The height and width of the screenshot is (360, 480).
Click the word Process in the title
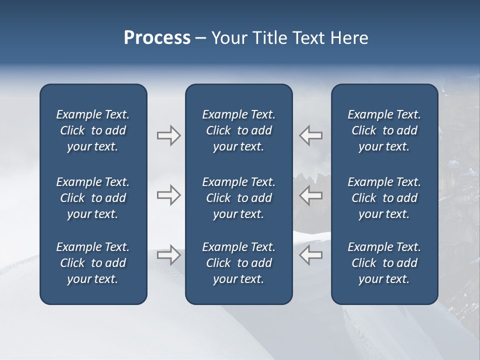157,38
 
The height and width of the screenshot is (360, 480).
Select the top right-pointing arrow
169,135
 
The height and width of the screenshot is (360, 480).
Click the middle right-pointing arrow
169,195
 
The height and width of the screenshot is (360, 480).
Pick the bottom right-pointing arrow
169,254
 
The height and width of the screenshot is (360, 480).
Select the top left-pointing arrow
311,135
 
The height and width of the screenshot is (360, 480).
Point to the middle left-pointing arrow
311,195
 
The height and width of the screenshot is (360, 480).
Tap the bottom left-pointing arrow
311,254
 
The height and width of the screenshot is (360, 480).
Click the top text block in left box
93,130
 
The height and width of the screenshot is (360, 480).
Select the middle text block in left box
93,198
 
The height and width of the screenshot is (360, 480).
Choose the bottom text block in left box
93,263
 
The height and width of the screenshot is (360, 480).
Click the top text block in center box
238,130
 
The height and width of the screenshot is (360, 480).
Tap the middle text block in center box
238,198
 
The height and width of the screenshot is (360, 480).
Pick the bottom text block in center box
238,263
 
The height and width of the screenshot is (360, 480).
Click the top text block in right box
384,130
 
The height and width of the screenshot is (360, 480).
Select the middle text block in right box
384,198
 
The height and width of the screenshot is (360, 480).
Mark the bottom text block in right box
384,263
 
